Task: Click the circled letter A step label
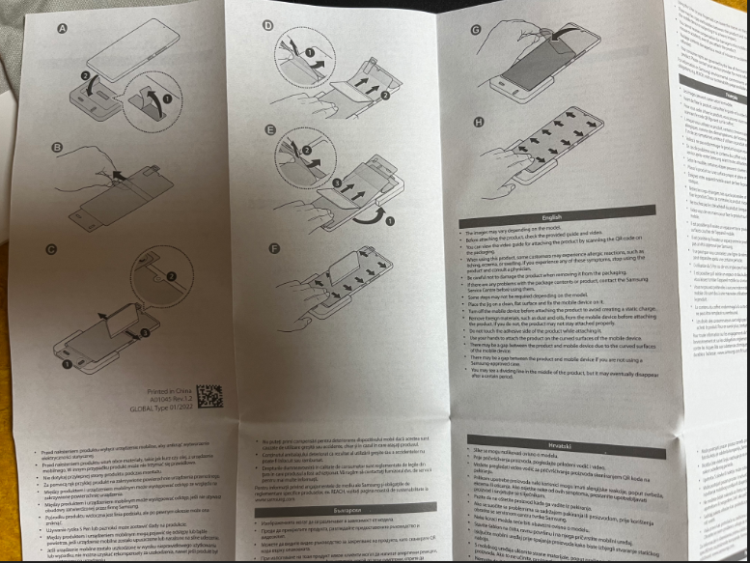[x=63, y=29]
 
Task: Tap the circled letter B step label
[x=57, y=148]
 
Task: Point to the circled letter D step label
[x=267, y=26]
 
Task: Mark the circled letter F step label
[x=274, y=248]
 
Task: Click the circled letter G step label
[x=476, y=30]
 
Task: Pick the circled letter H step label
[x=478, y=121]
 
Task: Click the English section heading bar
[x=553, y=217]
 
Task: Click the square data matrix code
[x=209, y=397]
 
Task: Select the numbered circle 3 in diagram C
[x=144, y=332]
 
